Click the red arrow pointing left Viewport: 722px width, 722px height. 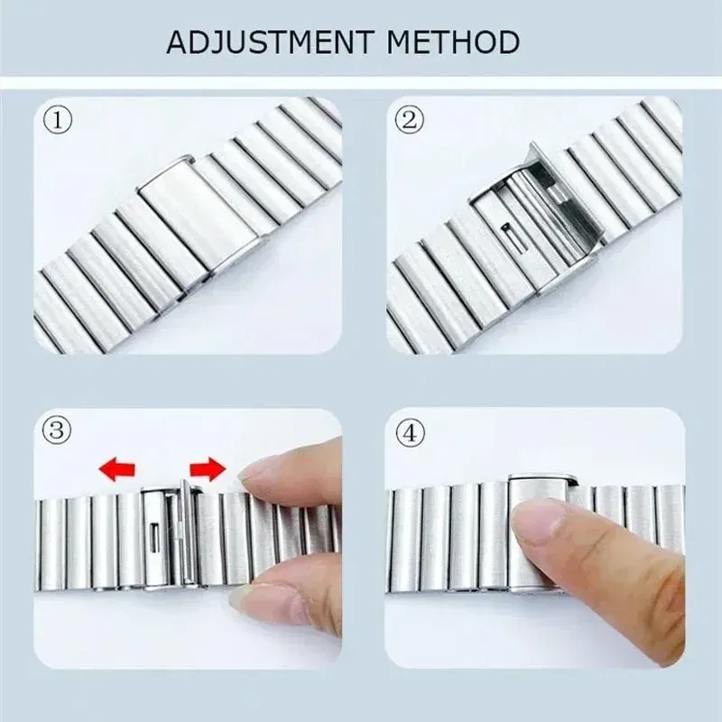pyautogui.click(x=116, y=468)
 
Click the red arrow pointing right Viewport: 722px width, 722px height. pyautogui.click(x=208, y=468)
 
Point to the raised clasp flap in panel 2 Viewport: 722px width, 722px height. pyautogui.click(x=564, y=194)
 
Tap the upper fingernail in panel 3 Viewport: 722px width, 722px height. pyautogui.click(x=262, y=467)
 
